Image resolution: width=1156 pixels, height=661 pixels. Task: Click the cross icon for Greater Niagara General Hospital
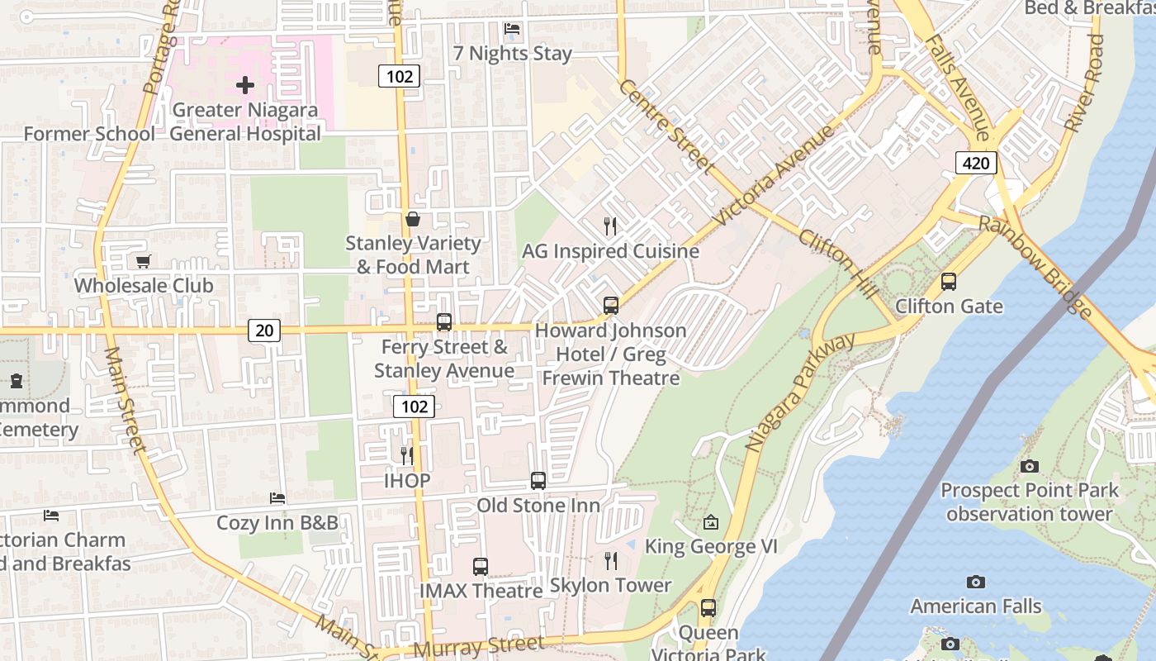[x=245, y=84]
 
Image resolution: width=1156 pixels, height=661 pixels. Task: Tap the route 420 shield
[x=976, y=163]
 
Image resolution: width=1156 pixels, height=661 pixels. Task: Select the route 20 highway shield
[x=264, y=330]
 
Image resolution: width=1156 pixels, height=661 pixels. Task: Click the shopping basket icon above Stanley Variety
[x=413, y=219]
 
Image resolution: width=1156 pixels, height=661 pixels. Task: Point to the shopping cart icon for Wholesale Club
[x=144, y=262]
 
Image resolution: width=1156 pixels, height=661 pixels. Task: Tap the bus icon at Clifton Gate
[x=949, y=282]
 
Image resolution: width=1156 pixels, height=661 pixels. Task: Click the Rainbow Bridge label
[x=1035, y=266]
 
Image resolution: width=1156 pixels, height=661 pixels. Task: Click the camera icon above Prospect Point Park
[x=1029, y=466]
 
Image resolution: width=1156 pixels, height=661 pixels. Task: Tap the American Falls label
[x=976, y=606]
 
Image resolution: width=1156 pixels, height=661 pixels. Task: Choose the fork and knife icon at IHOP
[x=406, y=455]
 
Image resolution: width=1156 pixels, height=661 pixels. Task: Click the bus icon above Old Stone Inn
[x=538, y=480]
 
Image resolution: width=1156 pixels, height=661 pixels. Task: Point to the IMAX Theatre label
[x=481, y=591]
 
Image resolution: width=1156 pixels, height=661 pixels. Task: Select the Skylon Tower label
[x=610, y=585]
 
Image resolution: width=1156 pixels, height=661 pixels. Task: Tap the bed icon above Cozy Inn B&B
[x=277, y=498]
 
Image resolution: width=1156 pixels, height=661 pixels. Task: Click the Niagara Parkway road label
[x=800, y=392]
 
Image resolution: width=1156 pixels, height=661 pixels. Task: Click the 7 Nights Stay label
[x=512, y=54]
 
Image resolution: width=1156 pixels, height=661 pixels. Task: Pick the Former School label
[x=89, y=134]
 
